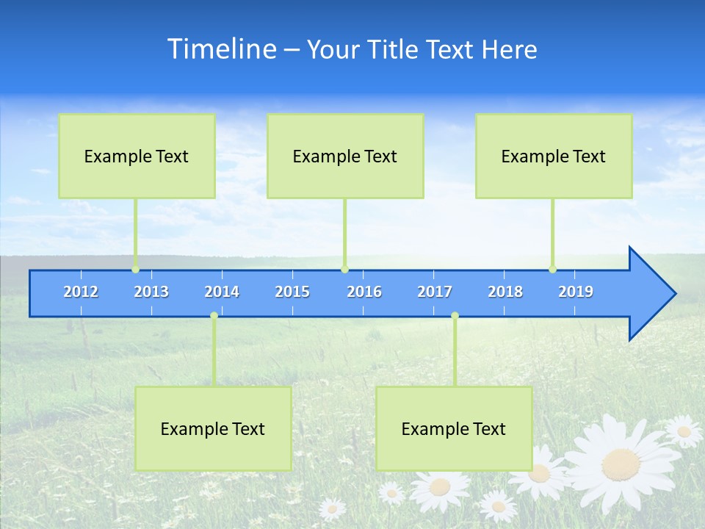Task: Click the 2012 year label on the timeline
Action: pos(81,292)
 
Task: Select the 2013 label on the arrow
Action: pos(151,292)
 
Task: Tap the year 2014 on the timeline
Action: pos(222,292)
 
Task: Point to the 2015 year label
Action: pos(292,292)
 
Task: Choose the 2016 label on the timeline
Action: pos(364,292)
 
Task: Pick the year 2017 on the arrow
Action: pos(435,292)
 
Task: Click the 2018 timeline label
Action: pos(505,292)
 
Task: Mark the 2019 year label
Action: pos(576,292)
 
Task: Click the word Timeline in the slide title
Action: pos(221,49)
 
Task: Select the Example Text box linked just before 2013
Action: pos(137,156)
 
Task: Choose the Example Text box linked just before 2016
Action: pos(345,156)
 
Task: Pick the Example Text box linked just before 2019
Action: pos(554,156)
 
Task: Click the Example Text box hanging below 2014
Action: pos(213,428)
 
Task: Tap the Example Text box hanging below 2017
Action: pos(454,428)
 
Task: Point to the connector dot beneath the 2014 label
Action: pos(214,316)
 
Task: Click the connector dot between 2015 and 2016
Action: pos(345,270)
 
